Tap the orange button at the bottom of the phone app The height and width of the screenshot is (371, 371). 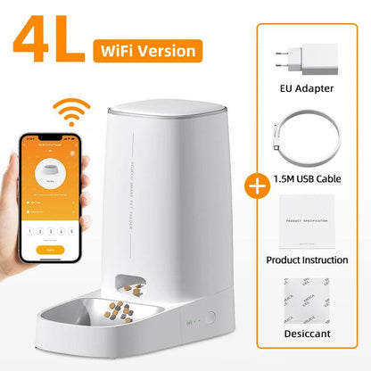tap(51, 252)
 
